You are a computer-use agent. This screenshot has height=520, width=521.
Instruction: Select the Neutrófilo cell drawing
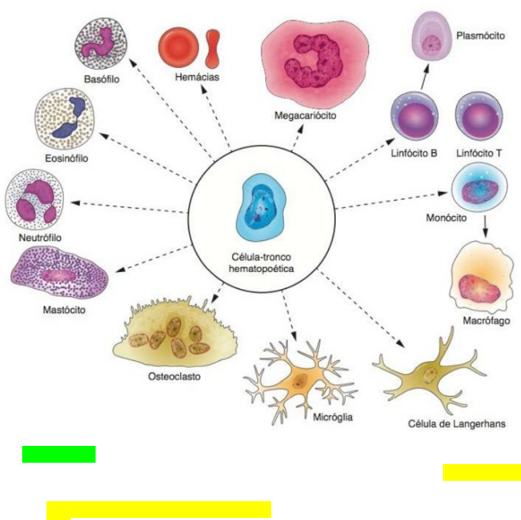click(x=34, y=200)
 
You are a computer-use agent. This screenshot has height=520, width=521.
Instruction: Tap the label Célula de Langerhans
click(x=456, y=424)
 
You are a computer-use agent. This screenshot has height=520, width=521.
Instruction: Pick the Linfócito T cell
click(x=478, y=117)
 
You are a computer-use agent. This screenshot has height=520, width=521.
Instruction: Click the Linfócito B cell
click(x=415, y=117)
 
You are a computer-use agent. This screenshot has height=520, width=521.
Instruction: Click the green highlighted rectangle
click(x=59, y=454)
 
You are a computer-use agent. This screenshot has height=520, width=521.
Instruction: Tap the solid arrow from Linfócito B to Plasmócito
click(x=424, y=77)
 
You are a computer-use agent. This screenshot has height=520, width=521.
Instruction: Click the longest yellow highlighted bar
click(x=159, y=510)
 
